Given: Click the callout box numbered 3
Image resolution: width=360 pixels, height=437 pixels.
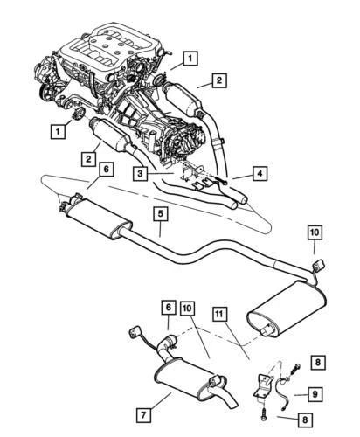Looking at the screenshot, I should (x=141, y=174).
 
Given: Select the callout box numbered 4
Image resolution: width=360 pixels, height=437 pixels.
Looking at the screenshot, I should (x=260, y=174).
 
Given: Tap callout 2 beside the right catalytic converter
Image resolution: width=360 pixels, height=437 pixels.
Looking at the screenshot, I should (x=218, y=81).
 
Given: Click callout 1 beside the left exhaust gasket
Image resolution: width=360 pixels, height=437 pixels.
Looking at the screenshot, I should (x=58, y=131).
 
